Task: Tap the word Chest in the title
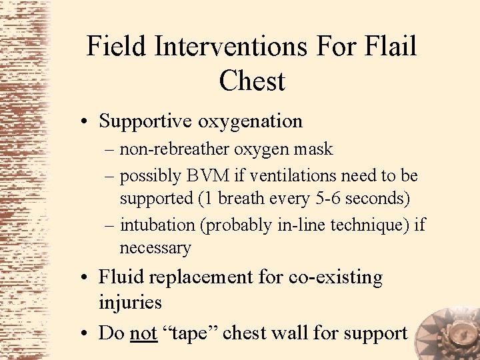[x=251, y=81]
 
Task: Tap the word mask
[x=313, y=149]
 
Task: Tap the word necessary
[x=155, y=248]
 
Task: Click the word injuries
[x=130, y=302]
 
